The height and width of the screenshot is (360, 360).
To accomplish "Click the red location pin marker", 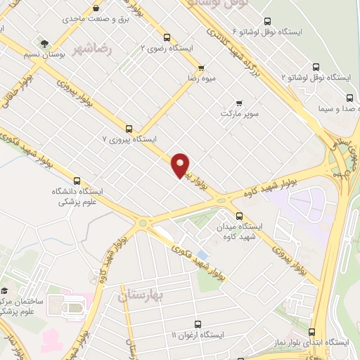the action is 181,165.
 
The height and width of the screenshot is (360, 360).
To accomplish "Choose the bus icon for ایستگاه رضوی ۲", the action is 166,37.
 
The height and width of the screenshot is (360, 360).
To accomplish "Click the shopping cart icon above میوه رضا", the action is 202,68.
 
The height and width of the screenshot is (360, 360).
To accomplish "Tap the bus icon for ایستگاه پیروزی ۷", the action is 129,129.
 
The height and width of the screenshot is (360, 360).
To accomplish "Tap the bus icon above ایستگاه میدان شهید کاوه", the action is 240,216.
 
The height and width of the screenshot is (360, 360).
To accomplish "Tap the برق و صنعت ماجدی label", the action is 85,24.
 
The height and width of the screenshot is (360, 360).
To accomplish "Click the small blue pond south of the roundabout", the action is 202,252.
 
